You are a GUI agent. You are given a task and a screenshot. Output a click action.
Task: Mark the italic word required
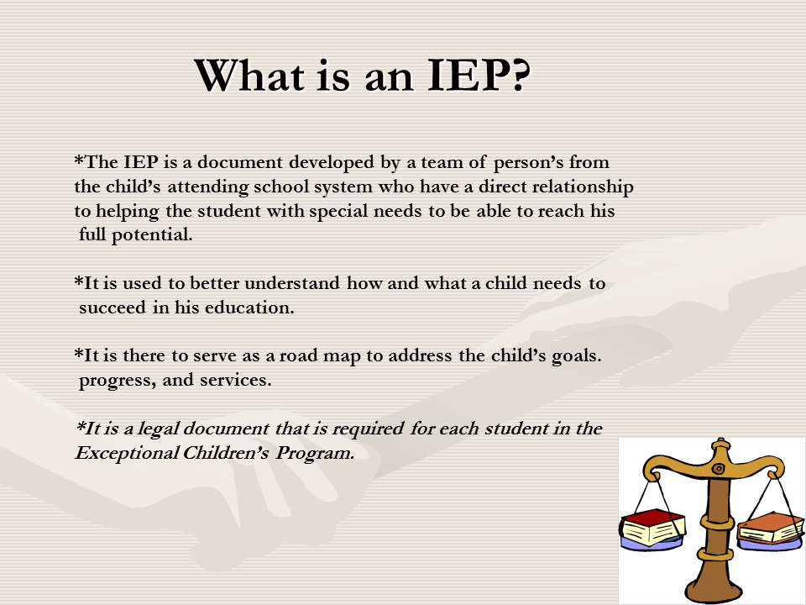pos(369,429)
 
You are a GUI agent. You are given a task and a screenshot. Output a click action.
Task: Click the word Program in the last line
pos(321,453)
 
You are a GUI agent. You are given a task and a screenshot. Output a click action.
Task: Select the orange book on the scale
pos(770,526)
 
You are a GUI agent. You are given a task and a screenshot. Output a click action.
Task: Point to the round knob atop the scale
pos(717,442)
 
